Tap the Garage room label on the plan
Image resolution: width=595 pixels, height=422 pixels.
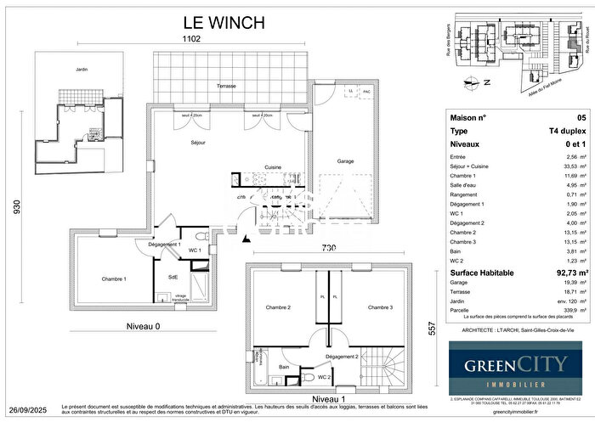point(345,161)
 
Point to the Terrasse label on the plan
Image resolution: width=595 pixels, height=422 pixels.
point(226,87)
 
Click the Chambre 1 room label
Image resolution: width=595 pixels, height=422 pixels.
point(114,279)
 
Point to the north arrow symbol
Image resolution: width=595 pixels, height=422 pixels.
point(468,83)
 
